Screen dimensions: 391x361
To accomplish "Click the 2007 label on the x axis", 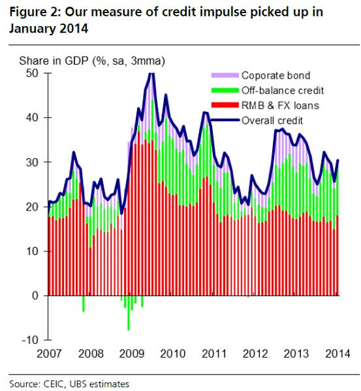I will pos(50,354).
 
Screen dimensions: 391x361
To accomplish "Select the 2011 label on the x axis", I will pos(214,354).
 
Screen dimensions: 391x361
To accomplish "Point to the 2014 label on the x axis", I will pos(336,354).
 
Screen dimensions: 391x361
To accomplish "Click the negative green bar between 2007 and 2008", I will pos(84,303).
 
